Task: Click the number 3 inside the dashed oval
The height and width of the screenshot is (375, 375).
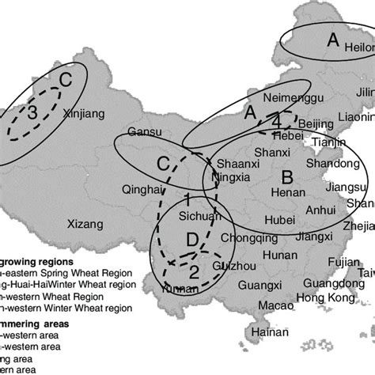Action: (32, 113)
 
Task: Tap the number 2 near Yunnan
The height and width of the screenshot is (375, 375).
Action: (194, 271)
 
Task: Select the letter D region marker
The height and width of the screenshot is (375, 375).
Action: (191, 240)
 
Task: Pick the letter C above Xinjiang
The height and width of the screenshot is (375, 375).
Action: (66, 80)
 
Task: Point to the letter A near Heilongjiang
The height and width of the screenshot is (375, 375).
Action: (332, 38)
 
